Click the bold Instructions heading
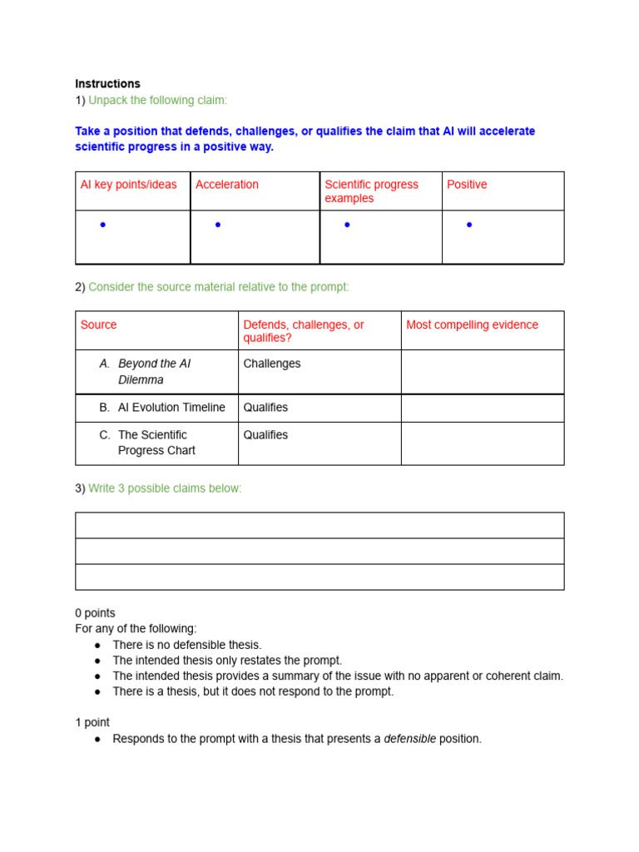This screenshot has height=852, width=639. (107, 84)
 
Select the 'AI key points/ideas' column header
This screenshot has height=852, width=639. (128, 185)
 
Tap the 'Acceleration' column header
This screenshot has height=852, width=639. (226, 185)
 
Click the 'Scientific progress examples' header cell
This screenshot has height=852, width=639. (371, 191)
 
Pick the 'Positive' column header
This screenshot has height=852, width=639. (467, 185)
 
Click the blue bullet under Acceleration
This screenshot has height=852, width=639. (218, 225)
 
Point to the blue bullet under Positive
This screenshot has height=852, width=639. (469, 225)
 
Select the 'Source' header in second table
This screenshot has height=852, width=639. (98, 324)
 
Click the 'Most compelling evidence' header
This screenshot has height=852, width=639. (472, 324)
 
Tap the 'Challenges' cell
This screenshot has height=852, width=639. (271, 364)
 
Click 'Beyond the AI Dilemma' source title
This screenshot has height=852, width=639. (154, 372)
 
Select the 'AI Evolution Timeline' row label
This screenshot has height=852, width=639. (171, 408)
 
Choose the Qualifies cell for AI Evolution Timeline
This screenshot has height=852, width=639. (265, 408)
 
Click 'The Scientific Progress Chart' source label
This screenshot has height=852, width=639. (156, 443)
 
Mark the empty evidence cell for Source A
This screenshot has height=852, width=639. (482, 372)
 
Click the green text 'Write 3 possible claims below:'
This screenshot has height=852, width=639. (165, 488)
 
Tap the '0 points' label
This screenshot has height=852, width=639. (95, 613)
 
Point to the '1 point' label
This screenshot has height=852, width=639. (92, 722)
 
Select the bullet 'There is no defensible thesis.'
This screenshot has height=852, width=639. (186, 645)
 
